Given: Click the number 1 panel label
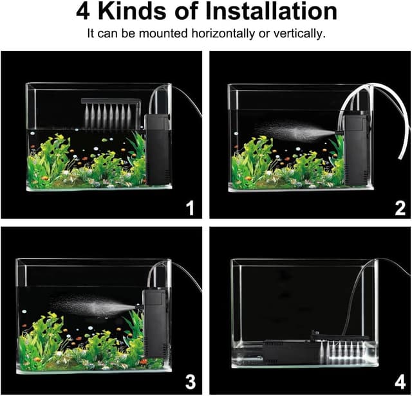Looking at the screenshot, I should click(189, 208).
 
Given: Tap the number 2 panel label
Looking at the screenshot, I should click(400, 208).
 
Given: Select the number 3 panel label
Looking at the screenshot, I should click(189, 382).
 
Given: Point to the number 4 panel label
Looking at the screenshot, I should click(400, 382).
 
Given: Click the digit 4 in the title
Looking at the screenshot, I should click(83, 12).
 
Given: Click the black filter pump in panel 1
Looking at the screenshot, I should click(158, 148).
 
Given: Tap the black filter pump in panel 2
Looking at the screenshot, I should click(357, 148).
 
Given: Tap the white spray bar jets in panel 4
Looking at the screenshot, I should click(347, 350).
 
